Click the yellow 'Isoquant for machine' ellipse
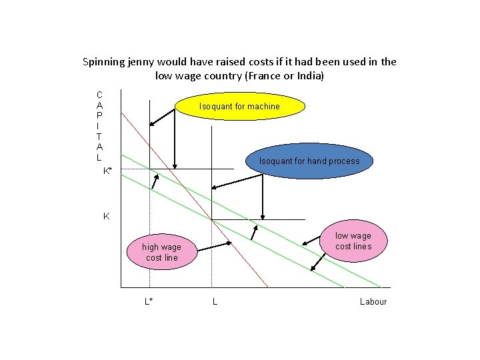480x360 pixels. pos(239,107)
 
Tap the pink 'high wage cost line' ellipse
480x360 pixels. pos(161,252)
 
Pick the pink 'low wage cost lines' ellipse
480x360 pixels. pos(353,241)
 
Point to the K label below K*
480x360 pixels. pos(106,217)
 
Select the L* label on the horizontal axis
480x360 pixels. pos(149,301)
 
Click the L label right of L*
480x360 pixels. pos(214,301)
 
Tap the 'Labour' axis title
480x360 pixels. pos(373,301)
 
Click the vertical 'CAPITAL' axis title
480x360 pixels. pos(99,127)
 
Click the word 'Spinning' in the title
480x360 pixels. pos(103,62)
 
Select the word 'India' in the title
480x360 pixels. pos(306,76)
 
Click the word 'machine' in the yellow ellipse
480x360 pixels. pos(265,107)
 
